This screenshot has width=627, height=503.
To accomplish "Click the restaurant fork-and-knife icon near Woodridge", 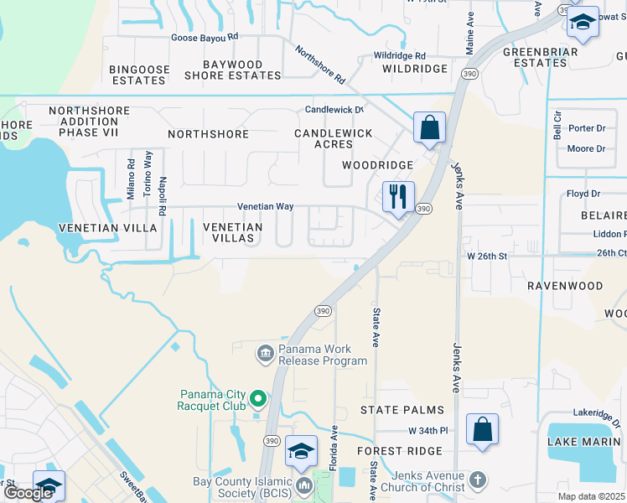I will point(398,197).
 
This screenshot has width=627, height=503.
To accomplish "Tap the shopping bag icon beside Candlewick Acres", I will point(429,128).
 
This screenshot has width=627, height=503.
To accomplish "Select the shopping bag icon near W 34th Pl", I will point(482,430).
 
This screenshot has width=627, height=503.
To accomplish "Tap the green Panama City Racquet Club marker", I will point(258,399).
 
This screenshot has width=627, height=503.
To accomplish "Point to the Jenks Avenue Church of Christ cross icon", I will point(477,480).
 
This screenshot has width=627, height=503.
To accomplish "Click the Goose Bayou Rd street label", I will point(205,37).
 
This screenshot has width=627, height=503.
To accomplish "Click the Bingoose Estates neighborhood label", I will point(138,75).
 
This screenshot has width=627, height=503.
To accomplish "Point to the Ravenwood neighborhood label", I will point(564,286).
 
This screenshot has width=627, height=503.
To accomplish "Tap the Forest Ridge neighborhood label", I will point(399,451).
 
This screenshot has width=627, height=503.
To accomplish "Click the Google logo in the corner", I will point(28,492).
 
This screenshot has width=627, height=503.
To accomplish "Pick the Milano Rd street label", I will point(131,179).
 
